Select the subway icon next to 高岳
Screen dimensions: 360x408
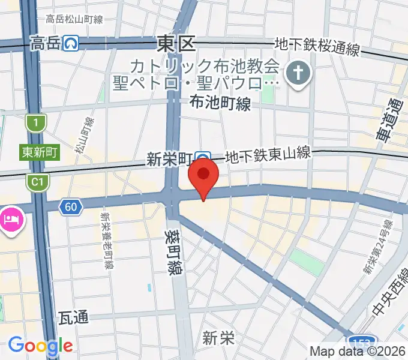(72, 43)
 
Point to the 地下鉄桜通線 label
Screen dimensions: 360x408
(317, 46)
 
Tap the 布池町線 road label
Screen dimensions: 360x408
(220, 104)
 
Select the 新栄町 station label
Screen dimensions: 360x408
(169, 159)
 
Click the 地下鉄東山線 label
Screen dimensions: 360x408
(268, 155)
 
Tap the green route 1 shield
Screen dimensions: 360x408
(36, 123)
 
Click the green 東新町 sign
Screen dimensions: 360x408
(40, 152)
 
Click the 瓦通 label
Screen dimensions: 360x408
(74, 317)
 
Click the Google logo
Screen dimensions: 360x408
(40, 346)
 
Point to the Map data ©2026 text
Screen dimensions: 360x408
(357, 351)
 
